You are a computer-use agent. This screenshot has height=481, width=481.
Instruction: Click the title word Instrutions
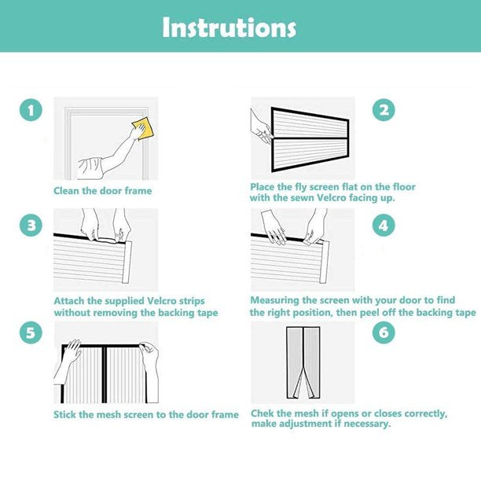pos(229,28)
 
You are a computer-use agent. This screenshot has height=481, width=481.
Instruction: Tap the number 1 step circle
pos(31,110)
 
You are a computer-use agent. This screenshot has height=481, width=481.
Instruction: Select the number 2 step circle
pos(384,110)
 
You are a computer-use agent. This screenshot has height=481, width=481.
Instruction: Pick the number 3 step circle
pos(31,225)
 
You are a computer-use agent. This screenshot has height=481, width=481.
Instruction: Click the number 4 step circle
pos(384,225)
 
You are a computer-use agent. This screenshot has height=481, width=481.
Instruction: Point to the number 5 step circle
pos(31,332)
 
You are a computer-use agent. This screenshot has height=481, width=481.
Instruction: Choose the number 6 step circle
pos(384,332)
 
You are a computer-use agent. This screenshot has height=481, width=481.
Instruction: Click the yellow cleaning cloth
pos(143,128)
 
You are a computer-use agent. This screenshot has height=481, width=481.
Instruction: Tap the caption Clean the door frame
pos(103,191)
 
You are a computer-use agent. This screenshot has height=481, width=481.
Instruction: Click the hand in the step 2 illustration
pos(260,127)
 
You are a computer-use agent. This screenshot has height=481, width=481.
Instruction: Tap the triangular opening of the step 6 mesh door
pos(303,383)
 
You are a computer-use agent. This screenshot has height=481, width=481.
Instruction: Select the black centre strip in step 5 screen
pos(105,375)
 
